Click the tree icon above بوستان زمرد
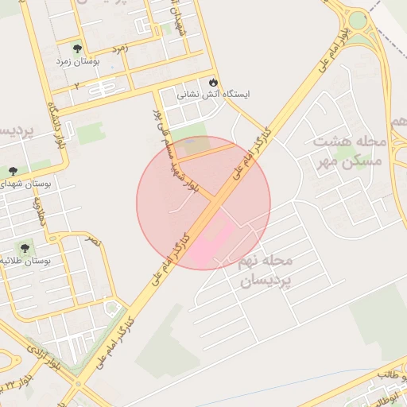tap(76, 48)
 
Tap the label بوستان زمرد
tap(76, 61)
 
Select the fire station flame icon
tap(213, 82)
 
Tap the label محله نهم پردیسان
tap(266, 270)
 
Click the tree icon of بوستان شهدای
tap(14, 171)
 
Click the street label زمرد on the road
tap(121, 49)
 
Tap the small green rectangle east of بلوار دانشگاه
tap(88, 133)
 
